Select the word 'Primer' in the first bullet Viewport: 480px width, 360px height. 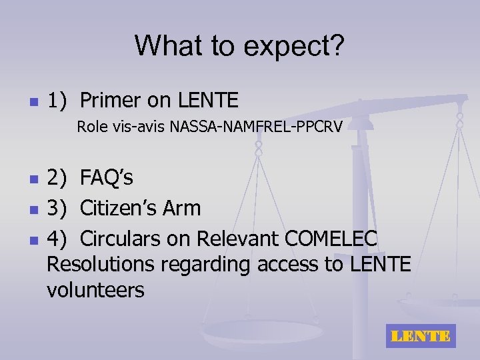click(111, 101)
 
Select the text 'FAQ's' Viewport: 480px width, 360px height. click(107, 179)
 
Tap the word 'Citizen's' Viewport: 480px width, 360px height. click(125, 208)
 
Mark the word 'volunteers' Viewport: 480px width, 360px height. click(95, 291)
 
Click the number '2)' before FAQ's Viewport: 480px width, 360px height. click(57, 179)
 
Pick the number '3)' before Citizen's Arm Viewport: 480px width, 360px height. click(57, 208)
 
